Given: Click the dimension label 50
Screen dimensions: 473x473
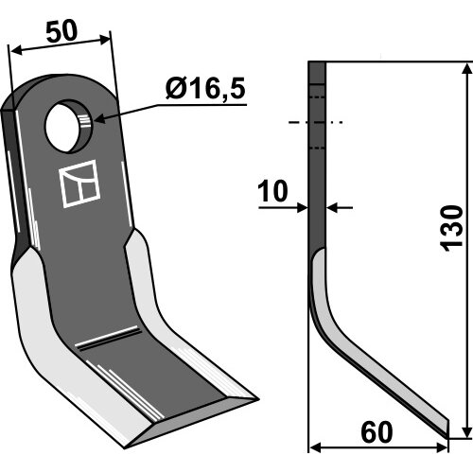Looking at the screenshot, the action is pyautogui.click(x=61, y=32).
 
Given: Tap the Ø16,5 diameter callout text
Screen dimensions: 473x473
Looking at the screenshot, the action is pyautogui.click(x=205, y=89).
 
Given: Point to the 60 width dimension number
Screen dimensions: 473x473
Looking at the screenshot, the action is pyautogui.click(x=377, y=432).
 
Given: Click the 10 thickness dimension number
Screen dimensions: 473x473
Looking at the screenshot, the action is pyautogui.click(x=272, y=191).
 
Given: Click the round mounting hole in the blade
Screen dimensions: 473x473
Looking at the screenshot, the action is pyautogui.click(x=69, y=126).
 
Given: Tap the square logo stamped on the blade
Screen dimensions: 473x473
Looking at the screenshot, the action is pyautogui.click(x=80, y=184).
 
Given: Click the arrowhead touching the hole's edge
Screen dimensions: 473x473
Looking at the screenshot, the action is pyautogui.click(x=100, y=119).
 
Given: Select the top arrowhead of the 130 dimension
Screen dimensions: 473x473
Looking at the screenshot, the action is pyautogui.click(x=466, y=69).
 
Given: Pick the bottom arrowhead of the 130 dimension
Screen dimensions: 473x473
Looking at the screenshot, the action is pyautogui.click(x=466, y=431).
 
